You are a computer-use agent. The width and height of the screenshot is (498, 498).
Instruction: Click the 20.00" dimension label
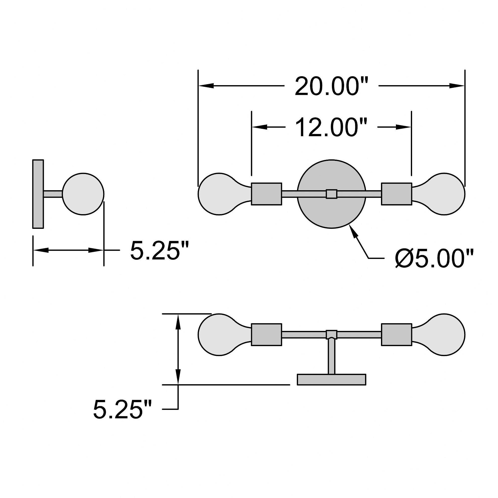click(331, 86)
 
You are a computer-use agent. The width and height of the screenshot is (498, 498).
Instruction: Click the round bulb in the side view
click(83, 194)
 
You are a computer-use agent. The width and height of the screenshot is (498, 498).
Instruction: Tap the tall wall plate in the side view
click(38, 194)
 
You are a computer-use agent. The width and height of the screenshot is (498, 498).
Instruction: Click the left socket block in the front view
click(266, 194)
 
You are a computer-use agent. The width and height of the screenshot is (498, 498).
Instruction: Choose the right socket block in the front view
click(396, 194)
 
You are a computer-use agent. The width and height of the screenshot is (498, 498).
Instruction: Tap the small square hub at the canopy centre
click(331, 194)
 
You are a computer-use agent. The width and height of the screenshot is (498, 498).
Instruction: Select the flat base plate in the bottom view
click(331, 380)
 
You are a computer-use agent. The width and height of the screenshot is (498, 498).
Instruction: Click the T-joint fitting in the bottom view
click(331, 334)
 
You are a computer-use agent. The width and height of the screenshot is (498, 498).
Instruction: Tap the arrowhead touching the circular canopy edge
click(354, 232)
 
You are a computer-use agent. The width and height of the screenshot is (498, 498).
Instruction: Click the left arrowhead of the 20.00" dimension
click(206, 86)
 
